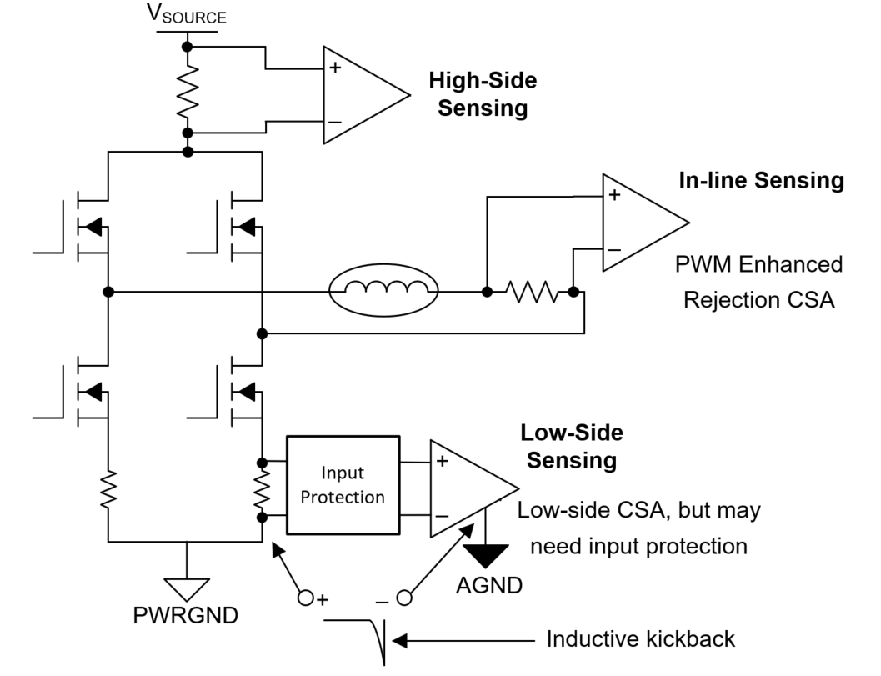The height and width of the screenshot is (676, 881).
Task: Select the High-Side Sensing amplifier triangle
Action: pyautogui.click(x=358, y=94)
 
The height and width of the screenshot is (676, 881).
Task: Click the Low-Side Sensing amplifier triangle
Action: pyautogui.click(x=466, y=488)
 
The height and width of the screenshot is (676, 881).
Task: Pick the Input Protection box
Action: pyautogui.click(x=342, y=485)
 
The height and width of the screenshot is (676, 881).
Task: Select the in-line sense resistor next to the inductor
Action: pyautogui.click(x=530, y=293)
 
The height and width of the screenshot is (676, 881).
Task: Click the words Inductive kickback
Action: pyautogui.click(x=641, y=639)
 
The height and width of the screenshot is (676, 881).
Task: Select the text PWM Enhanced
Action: pyautogui.click(x=759, y=265)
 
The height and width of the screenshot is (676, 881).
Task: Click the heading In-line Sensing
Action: pyautogui.click(x=761, y=180)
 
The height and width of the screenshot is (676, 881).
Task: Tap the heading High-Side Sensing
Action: pyautogui.click(x=483, y=94)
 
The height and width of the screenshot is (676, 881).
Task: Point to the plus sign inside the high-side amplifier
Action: pyautogui.click(x=335, y=68)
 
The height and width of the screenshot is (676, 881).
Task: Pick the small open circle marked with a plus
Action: pyautogui.click(x=306, y=597)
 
